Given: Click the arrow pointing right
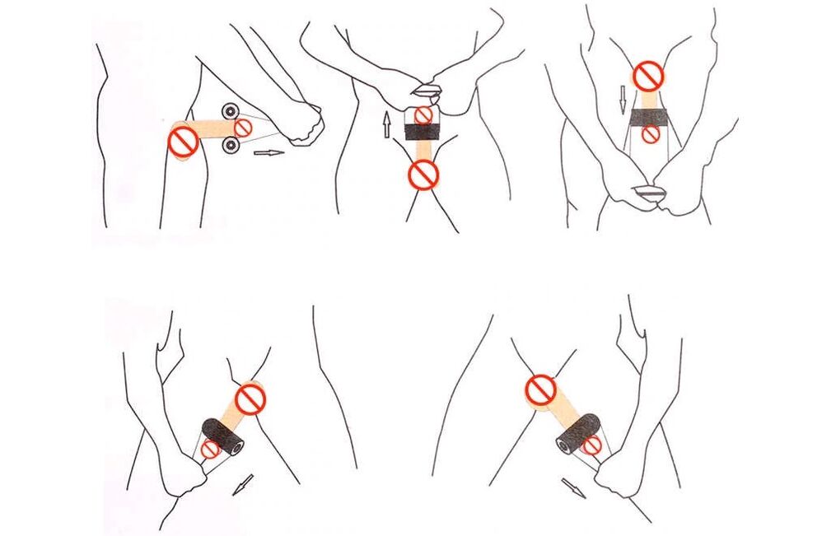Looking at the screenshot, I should point(269,152).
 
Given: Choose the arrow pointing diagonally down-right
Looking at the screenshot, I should point(574,487).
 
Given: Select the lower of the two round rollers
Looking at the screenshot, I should point(231,147).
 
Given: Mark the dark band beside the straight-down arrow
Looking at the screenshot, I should point(649,115).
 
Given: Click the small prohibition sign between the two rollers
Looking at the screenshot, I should point(244,127).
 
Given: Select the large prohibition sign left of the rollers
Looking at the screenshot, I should point(183,142).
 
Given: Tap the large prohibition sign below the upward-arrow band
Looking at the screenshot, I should point(424,174).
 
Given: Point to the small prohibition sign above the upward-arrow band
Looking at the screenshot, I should point(423,114).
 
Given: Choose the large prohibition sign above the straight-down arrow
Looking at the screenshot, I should point(650,77).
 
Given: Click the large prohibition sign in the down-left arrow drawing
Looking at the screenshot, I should point(250,399).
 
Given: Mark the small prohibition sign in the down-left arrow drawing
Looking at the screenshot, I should point(211,450).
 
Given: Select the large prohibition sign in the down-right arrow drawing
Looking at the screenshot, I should point(541,389).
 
